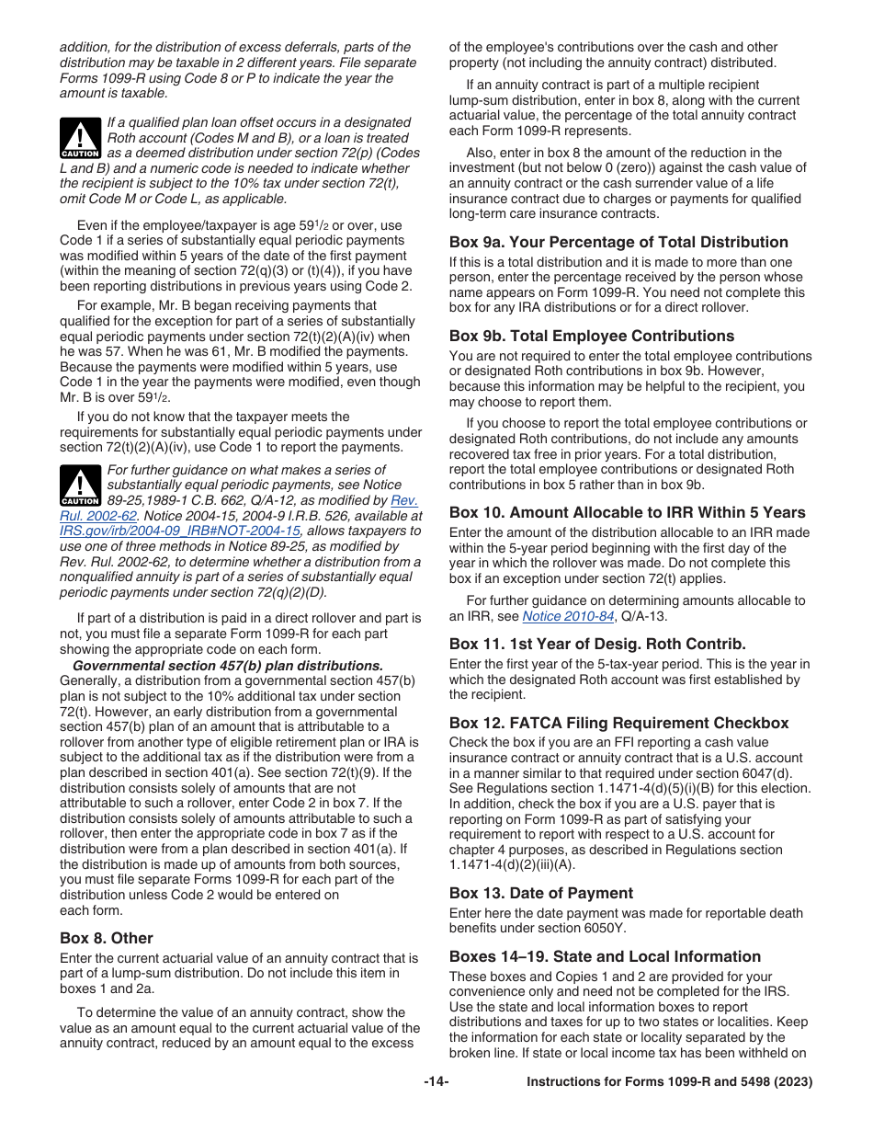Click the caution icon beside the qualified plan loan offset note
coord(80,139)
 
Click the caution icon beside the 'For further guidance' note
coord(80,486)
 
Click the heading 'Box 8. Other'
coord(107,938)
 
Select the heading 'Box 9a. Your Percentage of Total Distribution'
coord(618,242)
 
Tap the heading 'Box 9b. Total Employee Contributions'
coord(592,336)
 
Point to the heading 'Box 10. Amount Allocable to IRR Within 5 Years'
coord(627,512)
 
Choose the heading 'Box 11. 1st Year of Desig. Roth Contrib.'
coord(597,644)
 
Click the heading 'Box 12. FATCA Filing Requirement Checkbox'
coord(618,723)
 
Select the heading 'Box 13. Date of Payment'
coord(541,893)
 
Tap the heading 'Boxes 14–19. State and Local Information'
coord(605,956)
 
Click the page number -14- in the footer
coord(436,1082)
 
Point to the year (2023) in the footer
coord(794,1082)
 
